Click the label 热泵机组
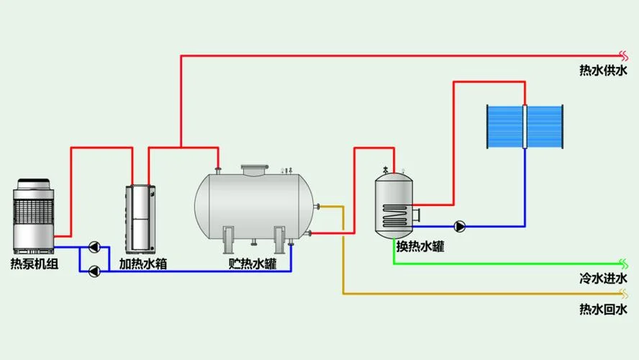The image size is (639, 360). click(x=35, y=264)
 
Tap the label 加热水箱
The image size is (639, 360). click(x=143, y=264)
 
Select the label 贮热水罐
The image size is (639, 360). click(x=253, y=264)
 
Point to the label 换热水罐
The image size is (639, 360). click(x=420, y=246)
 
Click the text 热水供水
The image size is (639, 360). click(x=604, y=70)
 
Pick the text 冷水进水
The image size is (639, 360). click(x=604, y=279)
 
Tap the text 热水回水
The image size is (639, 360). click(x=604, y=309)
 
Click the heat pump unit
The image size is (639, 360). click(x=33, y=216)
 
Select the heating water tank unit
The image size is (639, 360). click(x=140, y=219)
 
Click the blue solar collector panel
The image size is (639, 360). click(x=525, y=127)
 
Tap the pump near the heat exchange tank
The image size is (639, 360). click(x=460, y=226)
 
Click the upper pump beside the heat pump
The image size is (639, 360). click(x=94, y=247)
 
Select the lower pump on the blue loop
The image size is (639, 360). click(x=94, y=271)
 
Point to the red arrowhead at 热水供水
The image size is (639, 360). click(x=623, y=55)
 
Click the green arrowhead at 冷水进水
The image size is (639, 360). click(x=623, y=264)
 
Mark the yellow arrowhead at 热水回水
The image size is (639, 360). click(x=623, y=294)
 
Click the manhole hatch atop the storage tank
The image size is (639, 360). click(x=255, y=170)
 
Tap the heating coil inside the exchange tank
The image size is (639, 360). click(x=395, y=216)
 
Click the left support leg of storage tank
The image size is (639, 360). click(x=228, y=240)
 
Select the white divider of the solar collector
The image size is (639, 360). click(x=525, y=127)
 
